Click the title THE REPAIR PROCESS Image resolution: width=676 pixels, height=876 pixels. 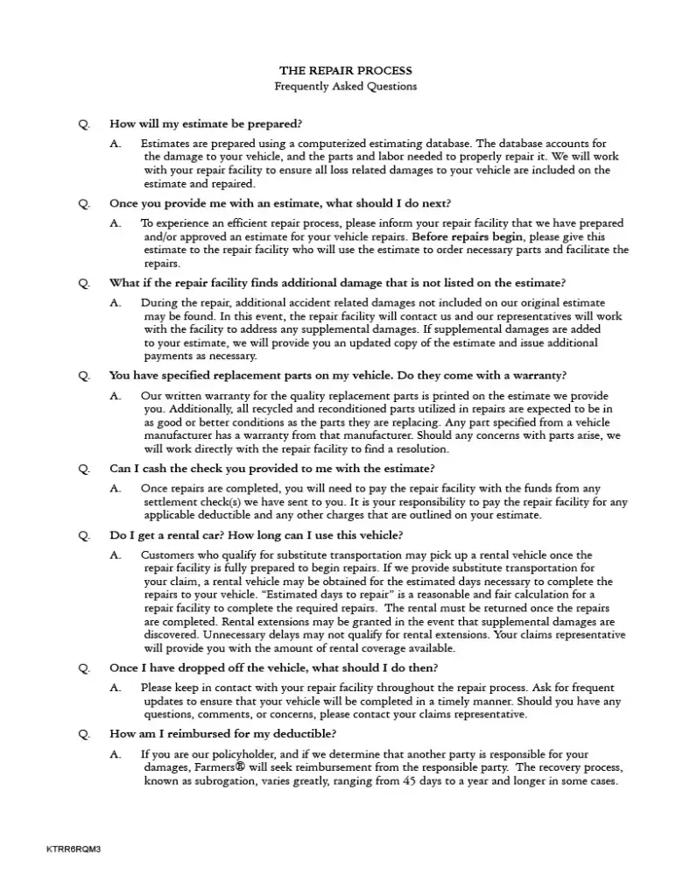coord(345,70)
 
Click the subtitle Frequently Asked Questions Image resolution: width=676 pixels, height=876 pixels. coord(345,86)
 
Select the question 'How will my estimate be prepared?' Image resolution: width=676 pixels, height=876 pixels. coord(206,124)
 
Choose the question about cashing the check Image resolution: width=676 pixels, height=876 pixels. coord(271,469)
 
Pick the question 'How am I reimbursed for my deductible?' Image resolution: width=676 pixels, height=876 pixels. coord(222,734)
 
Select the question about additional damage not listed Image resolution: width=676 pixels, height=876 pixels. coord(337,283)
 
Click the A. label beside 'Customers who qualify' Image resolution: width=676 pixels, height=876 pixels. coord(116,555)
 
